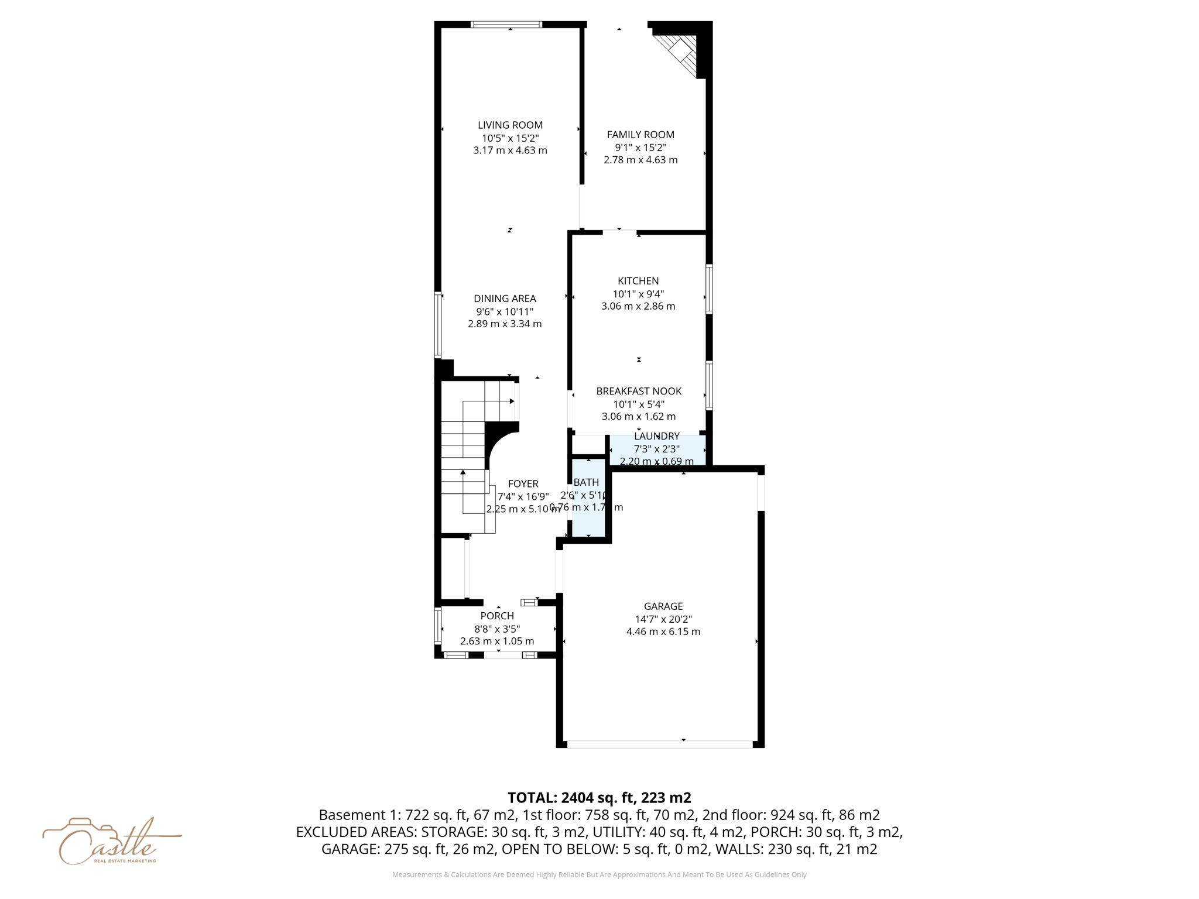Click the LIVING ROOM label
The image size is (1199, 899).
[510, 125]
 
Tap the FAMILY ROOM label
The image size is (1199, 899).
[640, 135]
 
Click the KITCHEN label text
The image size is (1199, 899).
[638, 281]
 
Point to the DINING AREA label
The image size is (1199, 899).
[505, 298]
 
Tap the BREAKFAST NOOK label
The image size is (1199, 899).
[639, 391]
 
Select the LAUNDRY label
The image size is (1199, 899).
[657, 436]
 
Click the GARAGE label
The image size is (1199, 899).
[663, 606]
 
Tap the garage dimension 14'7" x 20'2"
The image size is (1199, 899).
[663, 619]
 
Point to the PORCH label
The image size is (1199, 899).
[497, 616]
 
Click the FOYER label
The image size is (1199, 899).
[523, 483]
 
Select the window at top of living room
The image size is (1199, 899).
[506, 25]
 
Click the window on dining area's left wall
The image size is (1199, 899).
[437, 325]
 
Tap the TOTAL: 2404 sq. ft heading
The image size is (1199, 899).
[599, 798]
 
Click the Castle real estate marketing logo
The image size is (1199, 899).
[111, 842]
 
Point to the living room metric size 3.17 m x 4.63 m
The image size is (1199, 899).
[510, 150]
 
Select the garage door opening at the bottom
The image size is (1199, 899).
[660, 744]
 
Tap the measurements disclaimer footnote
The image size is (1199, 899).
[599, 874]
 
